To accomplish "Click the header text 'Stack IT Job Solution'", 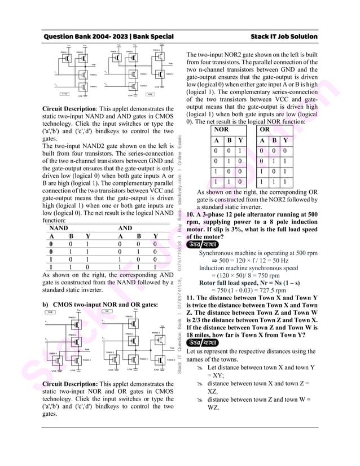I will (x=284, y=37).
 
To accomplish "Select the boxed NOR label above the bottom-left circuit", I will (x=50, y=311).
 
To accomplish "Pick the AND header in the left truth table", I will (x=125, y=229).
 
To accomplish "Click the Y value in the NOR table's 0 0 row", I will (x=240, y=151).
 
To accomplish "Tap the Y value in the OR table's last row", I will (x=286, y=182).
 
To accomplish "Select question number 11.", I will (x=192, y=297).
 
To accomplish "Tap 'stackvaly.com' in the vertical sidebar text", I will (x=179, y=184).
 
